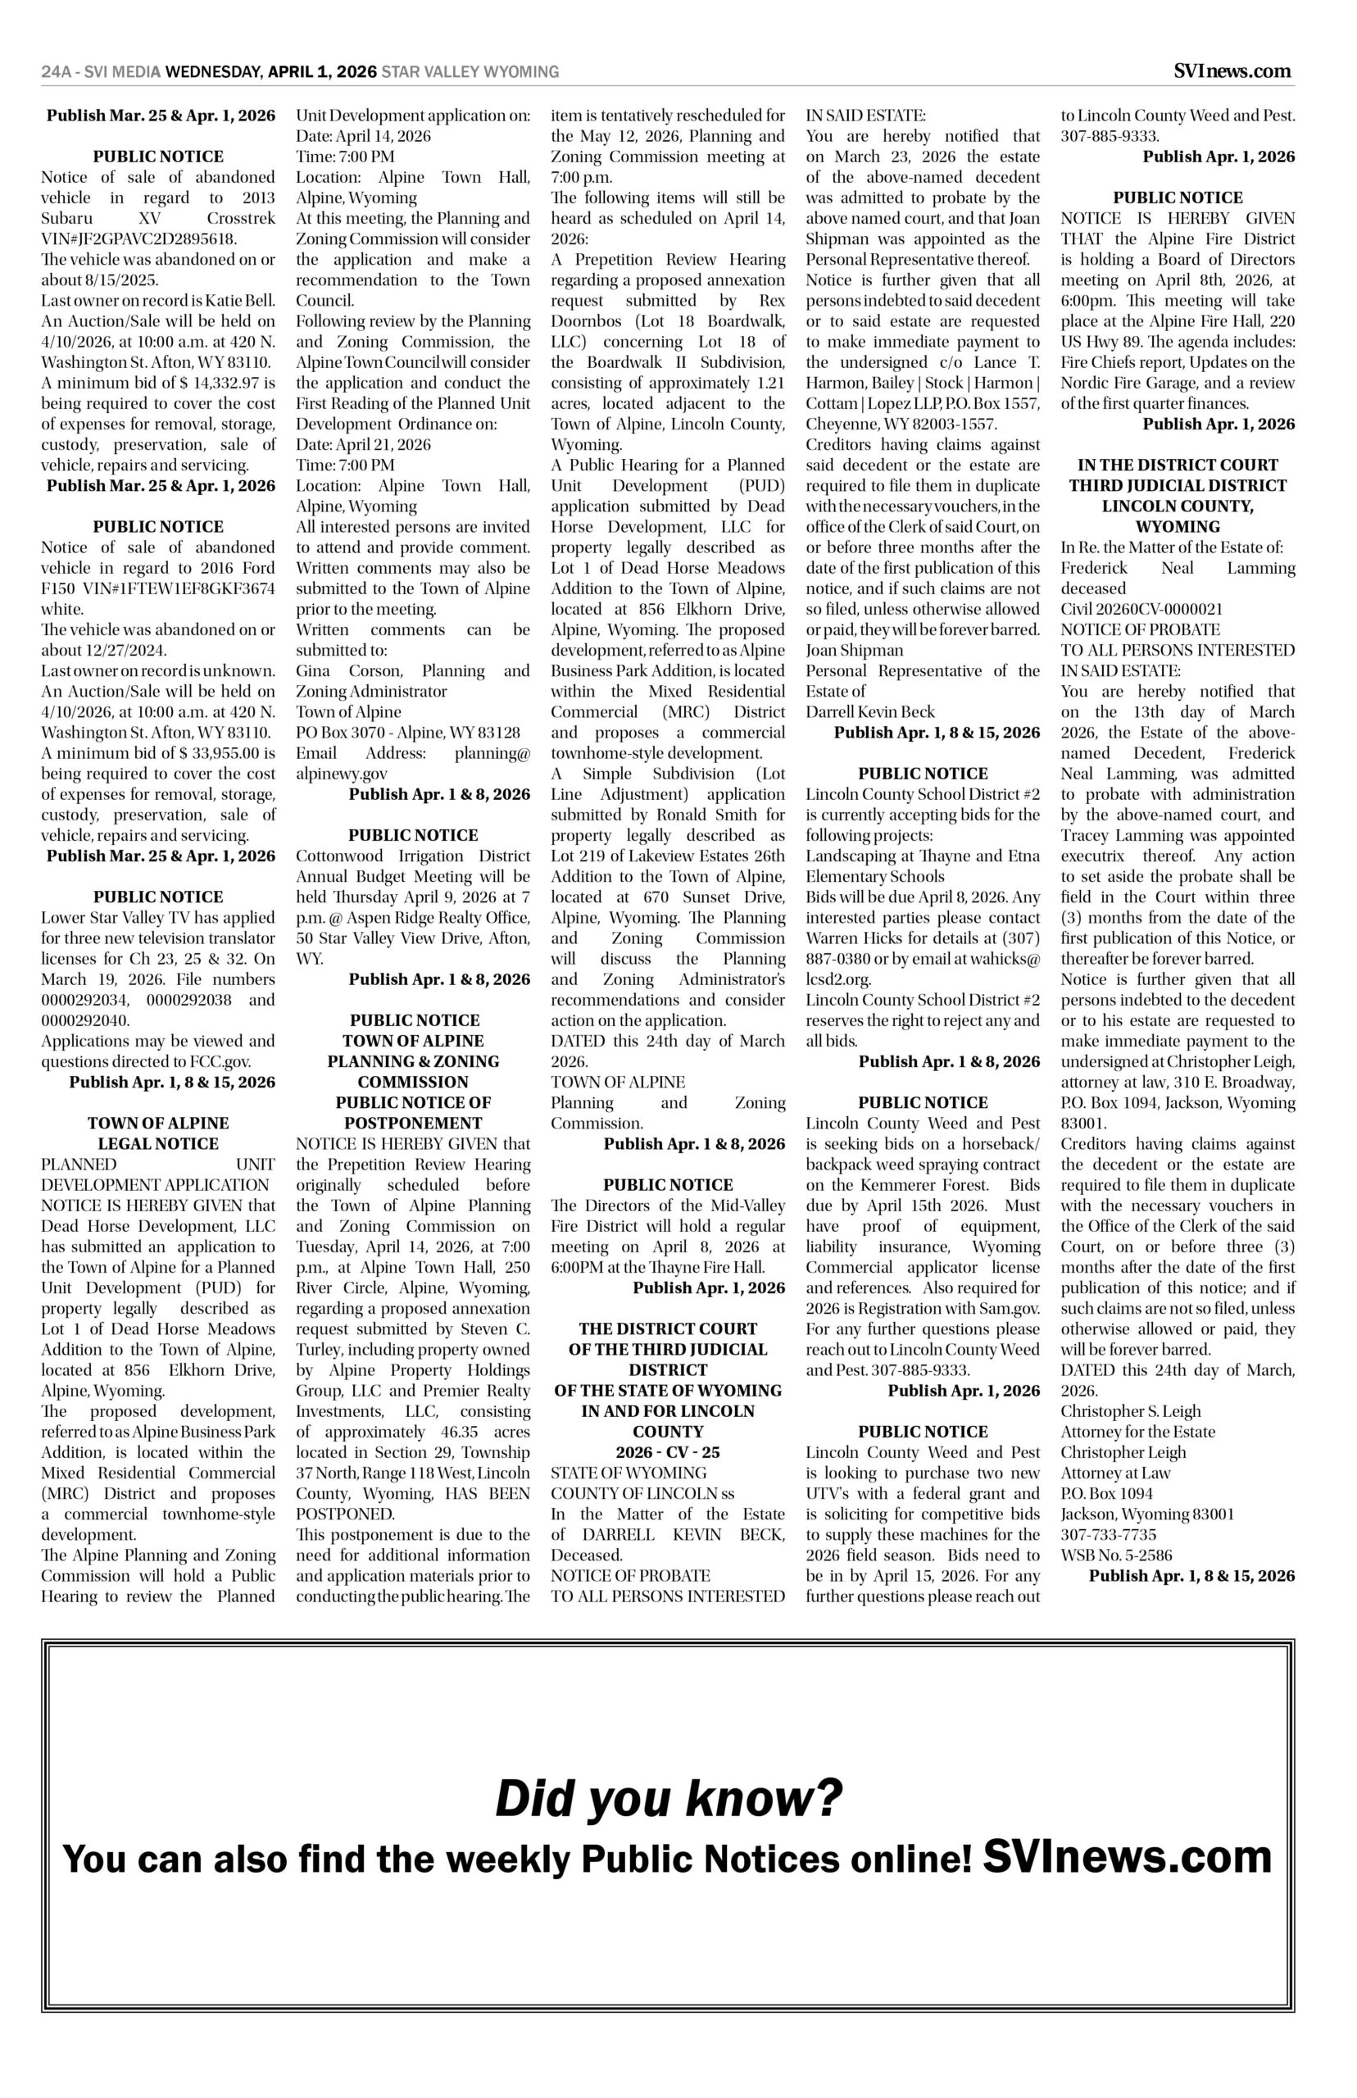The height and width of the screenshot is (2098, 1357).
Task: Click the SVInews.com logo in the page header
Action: tap(1233, 71)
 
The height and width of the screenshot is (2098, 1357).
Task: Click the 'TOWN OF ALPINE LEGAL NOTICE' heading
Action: tap(159, 1133)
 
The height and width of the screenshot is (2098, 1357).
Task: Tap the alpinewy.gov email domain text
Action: tap(342, 774)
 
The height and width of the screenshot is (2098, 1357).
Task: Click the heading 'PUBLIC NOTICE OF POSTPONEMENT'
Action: tap(413, 1113)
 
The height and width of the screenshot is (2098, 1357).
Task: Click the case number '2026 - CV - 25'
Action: tap(668, 1452)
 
